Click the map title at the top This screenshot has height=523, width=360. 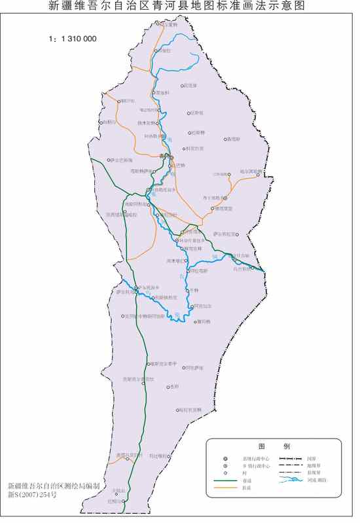[x=180, y=7]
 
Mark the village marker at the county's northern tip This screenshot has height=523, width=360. [x=156, y=24]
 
